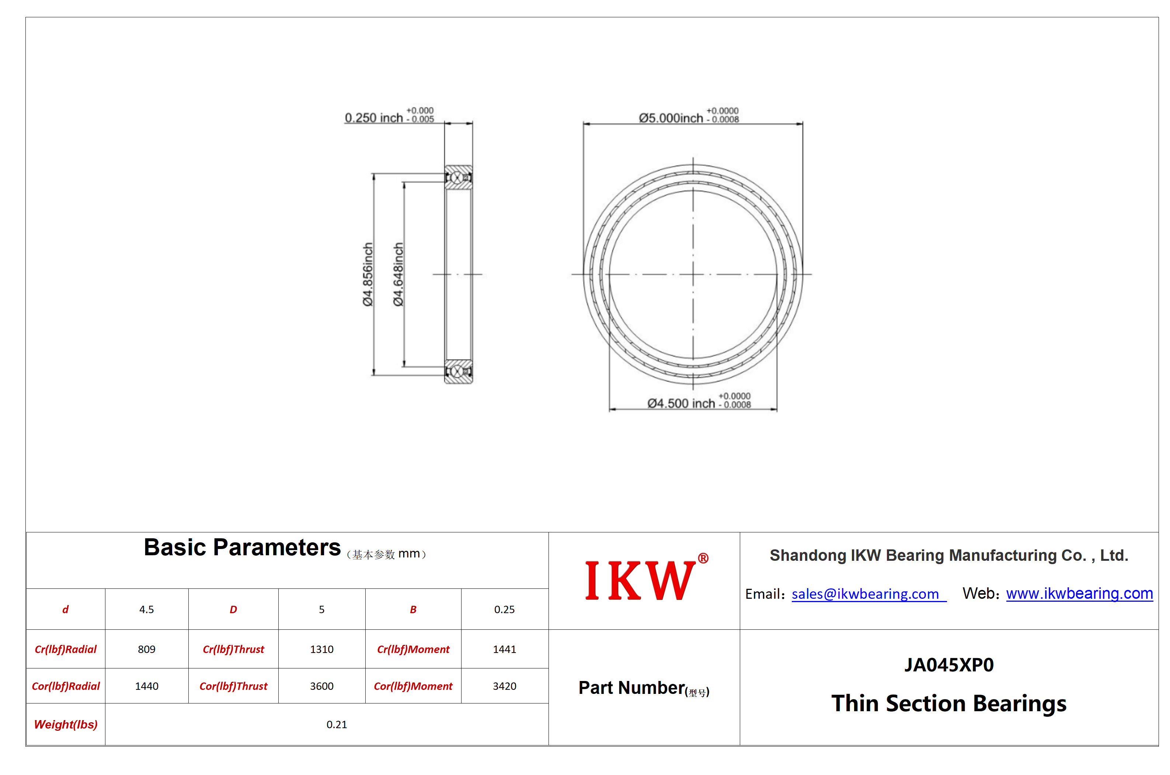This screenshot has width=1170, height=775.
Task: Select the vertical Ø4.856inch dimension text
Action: point(368,274)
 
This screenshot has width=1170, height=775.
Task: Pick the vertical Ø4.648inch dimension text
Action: point(398,274)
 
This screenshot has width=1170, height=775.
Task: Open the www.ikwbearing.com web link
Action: point(1079,593)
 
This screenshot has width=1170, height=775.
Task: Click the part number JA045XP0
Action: point(949,665)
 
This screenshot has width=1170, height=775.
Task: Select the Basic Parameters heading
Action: point(242,547)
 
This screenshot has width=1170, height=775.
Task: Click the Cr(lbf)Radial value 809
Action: point(146,649)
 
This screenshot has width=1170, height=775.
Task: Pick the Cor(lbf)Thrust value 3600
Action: point(322,686)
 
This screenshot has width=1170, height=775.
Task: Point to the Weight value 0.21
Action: point(337,724)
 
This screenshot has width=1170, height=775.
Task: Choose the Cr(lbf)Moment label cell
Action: point(413,649)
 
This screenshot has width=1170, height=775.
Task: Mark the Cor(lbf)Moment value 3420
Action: point(505,686)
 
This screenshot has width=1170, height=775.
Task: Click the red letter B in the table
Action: point(413,609)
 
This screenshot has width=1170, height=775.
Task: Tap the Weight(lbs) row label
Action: point(66,724)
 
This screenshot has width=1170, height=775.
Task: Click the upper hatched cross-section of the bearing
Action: point(458,177)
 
